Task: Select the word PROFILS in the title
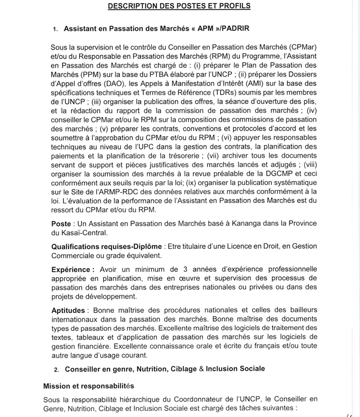(234, 6)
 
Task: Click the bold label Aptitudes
(69, 310)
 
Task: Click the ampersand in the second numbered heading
(202, 368)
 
